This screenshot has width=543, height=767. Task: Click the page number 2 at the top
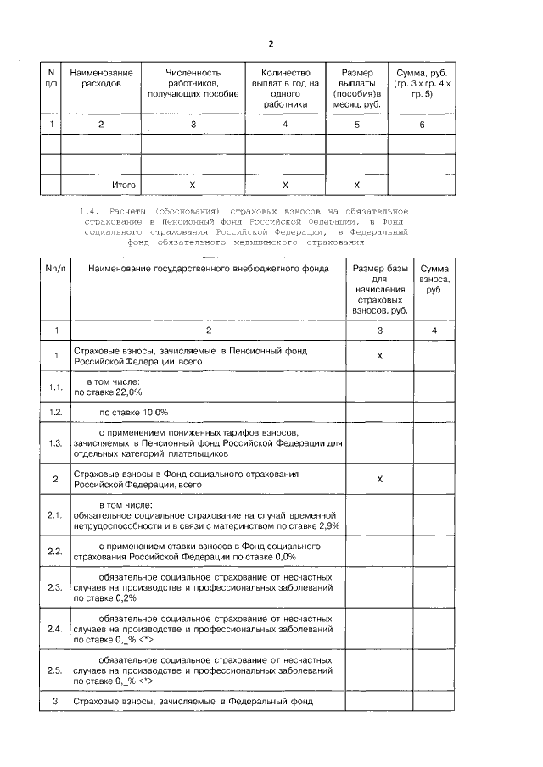[271, 44]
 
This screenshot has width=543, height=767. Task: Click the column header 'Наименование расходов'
[101, 79]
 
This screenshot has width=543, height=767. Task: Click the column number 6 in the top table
[422, 125]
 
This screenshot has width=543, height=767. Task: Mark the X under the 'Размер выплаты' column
[356, 184]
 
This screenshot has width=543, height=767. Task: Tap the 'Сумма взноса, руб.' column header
[435, 277]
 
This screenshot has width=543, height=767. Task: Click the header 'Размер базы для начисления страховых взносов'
[379, 288]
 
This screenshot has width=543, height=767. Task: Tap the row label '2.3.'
[55, 586]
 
